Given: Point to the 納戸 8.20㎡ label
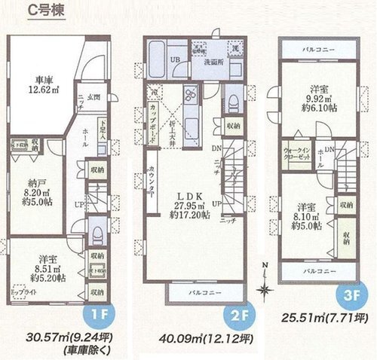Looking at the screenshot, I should click(39, 195).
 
